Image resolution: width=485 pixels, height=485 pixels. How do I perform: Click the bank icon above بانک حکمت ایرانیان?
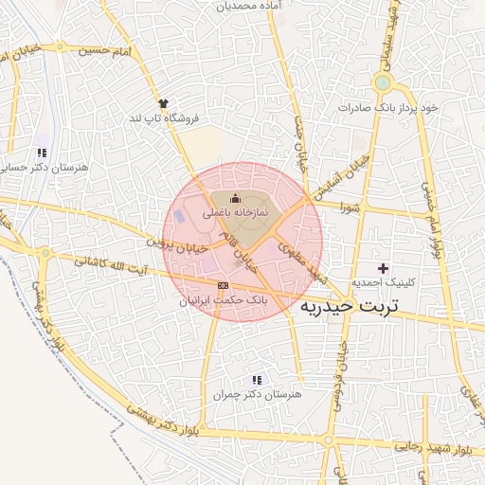223,285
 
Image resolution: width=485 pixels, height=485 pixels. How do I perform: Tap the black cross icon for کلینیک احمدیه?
383,269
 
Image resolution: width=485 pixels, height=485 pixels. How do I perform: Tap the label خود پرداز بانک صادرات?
389,108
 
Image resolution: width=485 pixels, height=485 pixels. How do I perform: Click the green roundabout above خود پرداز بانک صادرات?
382,83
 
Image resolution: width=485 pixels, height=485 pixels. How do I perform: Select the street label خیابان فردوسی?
336,378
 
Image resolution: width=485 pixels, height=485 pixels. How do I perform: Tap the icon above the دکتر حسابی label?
41,153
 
